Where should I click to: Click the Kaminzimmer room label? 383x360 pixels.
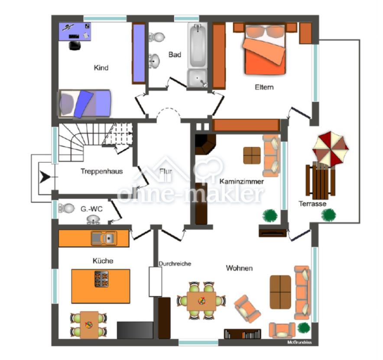pyautogui.click(x=241, y=181)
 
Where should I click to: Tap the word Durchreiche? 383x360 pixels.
pyautogui.click(x=175, y=264)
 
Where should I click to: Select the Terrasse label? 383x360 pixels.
pyautogui.click(x=312, y=204)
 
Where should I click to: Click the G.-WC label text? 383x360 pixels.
pyautogui.click(x=91, y=209)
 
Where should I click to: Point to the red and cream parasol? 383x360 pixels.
pyautogui.click(x=331, y=148)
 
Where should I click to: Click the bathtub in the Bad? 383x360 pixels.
pyautogui.click(x=198, y=45)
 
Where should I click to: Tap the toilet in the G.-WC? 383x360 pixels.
pyautogui.click(x=66, y=208)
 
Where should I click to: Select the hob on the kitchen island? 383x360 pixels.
pyautogui.click(x=102, y=279)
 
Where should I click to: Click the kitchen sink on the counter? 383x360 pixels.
pyautogui.click(x=104, y=238)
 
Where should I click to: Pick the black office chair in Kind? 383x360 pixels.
pyautogui.click(x=75, y=46)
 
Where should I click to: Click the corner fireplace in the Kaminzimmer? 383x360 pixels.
pyautogui.click(x=205, y=144)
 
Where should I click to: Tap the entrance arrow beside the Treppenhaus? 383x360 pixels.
pyautogui.click(x=45, y=177)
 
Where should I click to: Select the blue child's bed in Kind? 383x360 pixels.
pyautogui.click(x=84, y=104)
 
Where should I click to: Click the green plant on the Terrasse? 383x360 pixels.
pyautogui.click(x=328, y=215)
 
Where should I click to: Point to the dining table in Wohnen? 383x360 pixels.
pyautogui.click(x=201, y=301)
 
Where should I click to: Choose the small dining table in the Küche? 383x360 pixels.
pyautogui.click(x=89, y=325)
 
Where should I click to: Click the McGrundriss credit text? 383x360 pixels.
pyautogui.click(x=299, y=342)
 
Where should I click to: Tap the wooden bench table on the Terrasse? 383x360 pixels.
pyautogui.click(x=320, y=180)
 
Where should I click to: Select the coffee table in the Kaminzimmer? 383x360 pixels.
pyautogui.click(x=252, y=155)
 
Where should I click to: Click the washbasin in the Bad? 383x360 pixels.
pyautogui.click(x=154, y=61)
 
